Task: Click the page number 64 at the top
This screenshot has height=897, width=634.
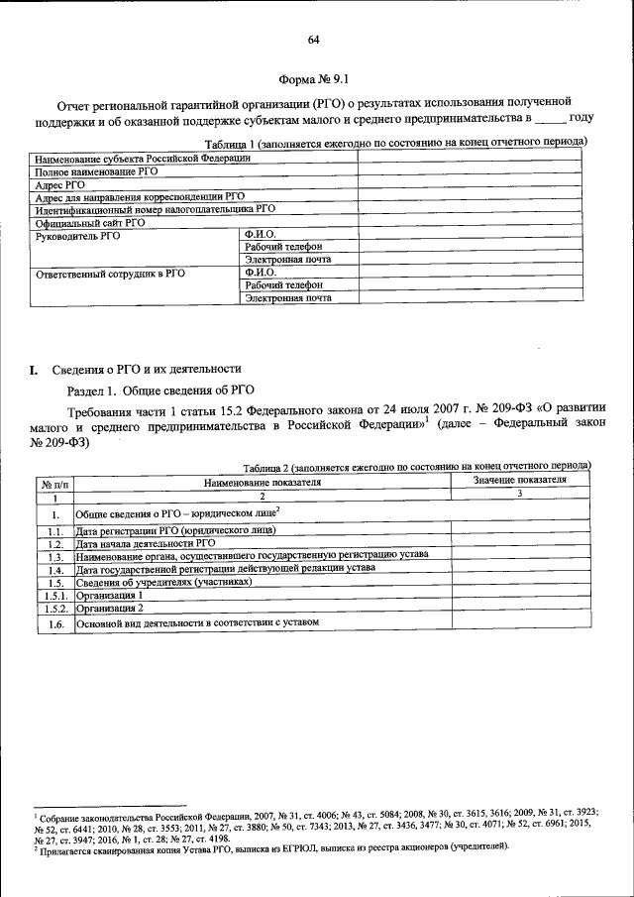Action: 314,40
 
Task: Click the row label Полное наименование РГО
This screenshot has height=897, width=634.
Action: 97,171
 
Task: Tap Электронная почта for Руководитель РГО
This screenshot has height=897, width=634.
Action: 287,260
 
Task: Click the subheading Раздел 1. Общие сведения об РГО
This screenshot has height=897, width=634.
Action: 160,390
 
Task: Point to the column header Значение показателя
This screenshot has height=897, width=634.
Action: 519,480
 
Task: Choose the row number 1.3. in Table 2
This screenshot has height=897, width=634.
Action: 54,557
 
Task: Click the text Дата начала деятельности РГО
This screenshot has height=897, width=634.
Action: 146,544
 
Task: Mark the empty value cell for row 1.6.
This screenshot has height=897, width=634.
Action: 519,621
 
